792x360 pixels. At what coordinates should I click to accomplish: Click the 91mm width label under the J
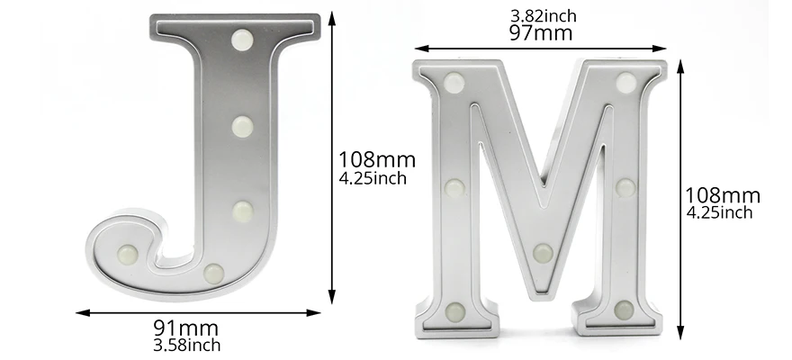186,328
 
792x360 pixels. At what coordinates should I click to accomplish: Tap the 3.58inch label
187,346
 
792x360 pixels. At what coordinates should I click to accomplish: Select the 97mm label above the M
541,33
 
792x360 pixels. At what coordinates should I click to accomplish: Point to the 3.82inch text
543,16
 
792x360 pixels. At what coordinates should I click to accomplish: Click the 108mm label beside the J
377,159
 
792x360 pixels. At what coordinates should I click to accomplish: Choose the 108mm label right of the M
723,195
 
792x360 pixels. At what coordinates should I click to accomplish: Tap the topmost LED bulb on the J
242,40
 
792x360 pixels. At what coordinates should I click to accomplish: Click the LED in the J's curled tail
127,254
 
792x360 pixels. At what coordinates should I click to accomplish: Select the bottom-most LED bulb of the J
213,274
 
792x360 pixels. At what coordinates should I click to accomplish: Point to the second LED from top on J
242,126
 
